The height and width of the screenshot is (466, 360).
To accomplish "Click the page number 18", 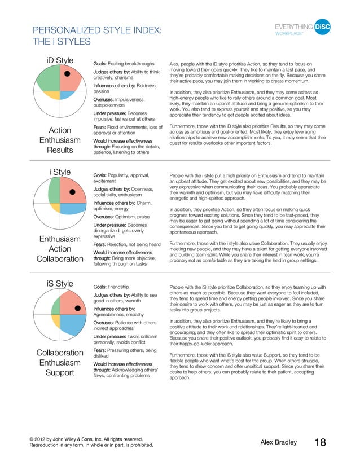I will click(319, 443).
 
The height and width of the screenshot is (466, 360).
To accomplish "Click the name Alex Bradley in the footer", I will click(278, 443).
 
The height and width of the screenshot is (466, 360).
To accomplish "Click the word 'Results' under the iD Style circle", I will click(60, 151).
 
